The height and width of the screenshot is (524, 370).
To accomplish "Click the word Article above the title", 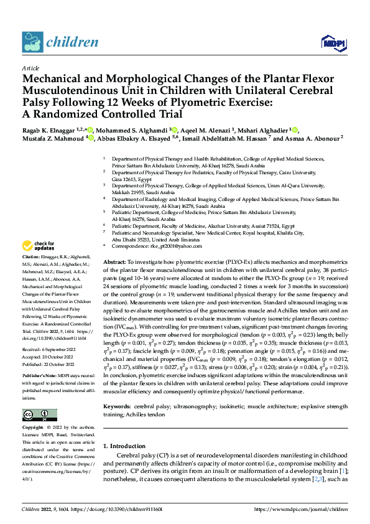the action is [x=30, y=68].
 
